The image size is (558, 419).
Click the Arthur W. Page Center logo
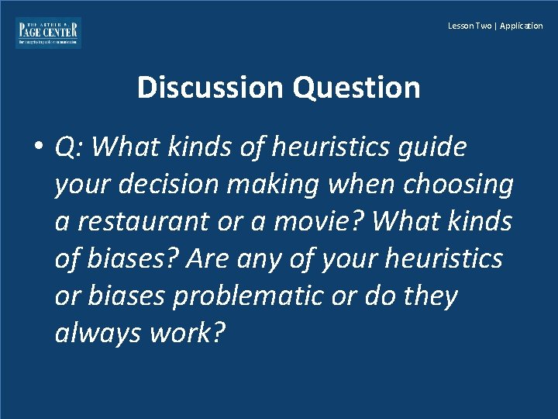[48, 33]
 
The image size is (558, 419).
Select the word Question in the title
[356, 88]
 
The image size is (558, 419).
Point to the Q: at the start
[71, 147]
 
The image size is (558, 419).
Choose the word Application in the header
[522, 26]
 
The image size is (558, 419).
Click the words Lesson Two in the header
[470, 26]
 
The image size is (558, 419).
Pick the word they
[429, 296]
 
